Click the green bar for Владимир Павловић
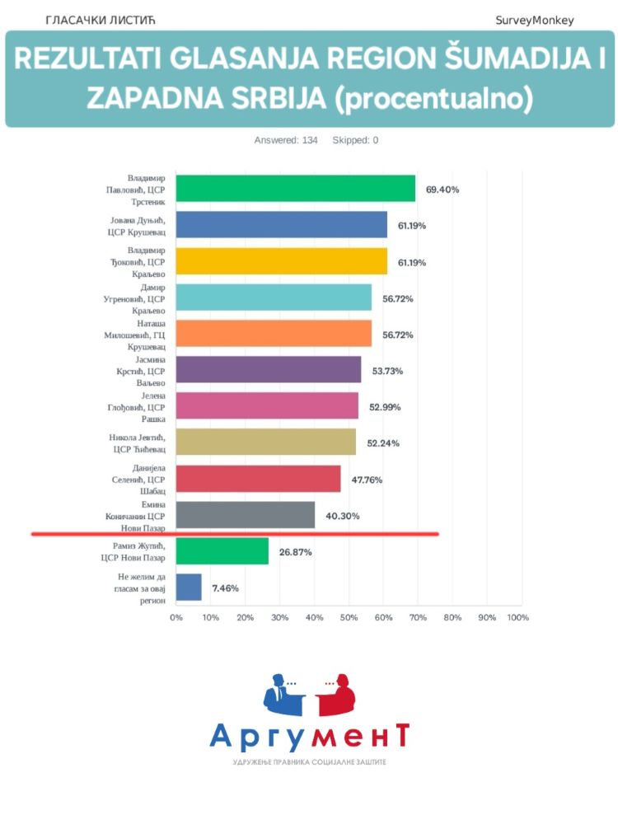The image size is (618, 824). pyautogui.click(x=295, y=189)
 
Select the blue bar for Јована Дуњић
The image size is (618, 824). pyautogui.click(x=281, y=225)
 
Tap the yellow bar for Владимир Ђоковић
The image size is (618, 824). pyautogui.click(x=281, y=261)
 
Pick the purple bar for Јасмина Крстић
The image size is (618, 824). pyautogui.click(x=268, y=370)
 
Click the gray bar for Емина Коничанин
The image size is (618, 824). pyautogui.click(x=245, y=515)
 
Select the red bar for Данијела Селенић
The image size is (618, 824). pyautogui.click(x=258, y=479)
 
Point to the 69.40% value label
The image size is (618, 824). pyautogui.click(x=442, y=190)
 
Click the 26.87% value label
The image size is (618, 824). pyautogui.click(x=295, y=552)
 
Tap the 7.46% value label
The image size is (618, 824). pyautogui.click(x=226, y=588)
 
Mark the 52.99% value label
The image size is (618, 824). pyautogui.click(x=385, y=407)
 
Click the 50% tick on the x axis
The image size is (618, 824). pyautogui.click(x=348, y=617)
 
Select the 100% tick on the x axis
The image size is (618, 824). pyautogui.click(x=517, y=617)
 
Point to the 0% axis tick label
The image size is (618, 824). pyautogui.click(x=176, y=617)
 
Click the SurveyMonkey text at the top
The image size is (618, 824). pyautogui.click(x=535, y=20)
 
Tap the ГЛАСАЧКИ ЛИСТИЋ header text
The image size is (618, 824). pyautogui.click(x=101, y=19)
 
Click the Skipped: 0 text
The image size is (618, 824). pyautogui.click(x=355, y=140)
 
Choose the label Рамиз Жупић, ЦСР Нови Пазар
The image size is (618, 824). pyautogui.click(x=137, y=552)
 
